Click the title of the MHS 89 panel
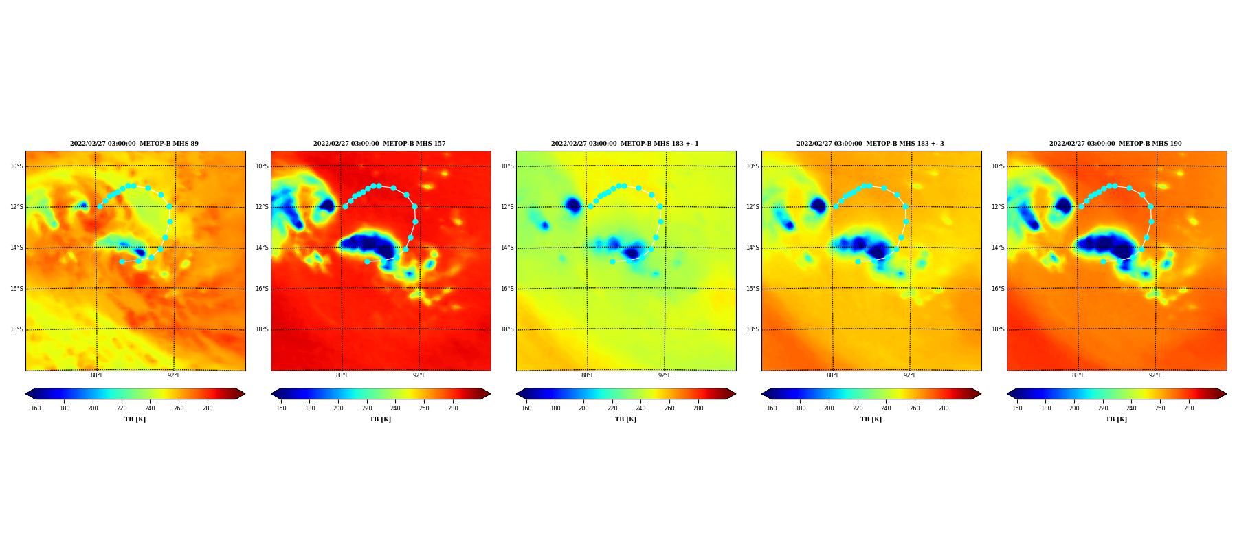point(134,144)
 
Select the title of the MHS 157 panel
point(379,144)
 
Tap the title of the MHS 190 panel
point(1115,144)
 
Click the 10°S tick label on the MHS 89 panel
point(16,166)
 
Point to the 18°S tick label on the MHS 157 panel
point(262,329)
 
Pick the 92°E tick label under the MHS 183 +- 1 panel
point(665,375)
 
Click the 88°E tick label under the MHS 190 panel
point(1078,375)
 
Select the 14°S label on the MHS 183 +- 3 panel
point(753,247)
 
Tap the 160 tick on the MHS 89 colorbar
point(36,408)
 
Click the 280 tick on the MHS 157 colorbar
point(453,408)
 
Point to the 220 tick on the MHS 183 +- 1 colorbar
point(612,408)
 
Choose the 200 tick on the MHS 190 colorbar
point(1074,408)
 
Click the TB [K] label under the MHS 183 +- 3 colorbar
point(871,419)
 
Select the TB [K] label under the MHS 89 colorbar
point(135,419)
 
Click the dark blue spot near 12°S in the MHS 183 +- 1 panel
point(573,204)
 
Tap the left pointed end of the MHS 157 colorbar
point(271,394)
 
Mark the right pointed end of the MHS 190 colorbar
point(1226,394)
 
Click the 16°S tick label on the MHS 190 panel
point(997,289)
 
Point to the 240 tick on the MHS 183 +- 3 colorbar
point(886,408)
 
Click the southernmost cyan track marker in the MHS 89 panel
point(122,261)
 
